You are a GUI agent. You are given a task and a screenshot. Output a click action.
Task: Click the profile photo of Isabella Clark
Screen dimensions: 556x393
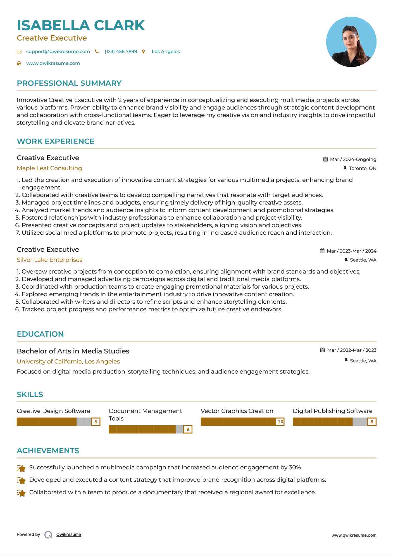tap(351, 42)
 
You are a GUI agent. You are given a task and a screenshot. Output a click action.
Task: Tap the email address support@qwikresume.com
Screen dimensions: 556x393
tap(58, 51)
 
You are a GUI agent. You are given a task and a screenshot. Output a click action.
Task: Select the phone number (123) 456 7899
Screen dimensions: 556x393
tap(121, 51)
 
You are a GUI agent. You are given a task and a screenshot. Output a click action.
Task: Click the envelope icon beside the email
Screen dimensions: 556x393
tap(19, 51)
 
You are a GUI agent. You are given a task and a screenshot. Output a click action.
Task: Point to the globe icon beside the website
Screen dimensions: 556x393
tap(19, 63)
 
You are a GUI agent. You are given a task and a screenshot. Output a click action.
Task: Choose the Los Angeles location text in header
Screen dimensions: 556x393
tap(166, 51)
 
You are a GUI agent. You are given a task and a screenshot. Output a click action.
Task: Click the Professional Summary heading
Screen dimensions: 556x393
tap(69, 83)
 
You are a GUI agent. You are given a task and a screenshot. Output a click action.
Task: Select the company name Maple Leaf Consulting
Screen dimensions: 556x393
tap(49, 168)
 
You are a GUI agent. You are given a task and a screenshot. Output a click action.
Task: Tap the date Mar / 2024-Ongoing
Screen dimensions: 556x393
tap(353, 159)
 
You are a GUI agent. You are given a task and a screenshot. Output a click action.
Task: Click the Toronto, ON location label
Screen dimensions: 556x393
tap(362, 168)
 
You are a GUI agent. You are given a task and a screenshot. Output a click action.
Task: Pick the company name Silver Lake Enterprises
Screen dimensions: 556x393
tap(49, 260)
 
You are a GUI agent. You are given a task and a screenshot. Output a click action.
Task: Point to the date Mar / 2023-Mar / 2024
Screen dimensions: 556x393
tap(351, 251)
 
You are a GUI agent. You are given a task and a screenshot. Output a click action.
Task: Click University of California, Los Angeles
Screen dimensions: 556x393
tap(68, 362)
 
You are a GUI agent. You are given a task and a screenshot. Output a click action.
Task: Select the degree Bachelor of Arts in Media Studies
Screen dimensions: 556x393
tap(73, 351)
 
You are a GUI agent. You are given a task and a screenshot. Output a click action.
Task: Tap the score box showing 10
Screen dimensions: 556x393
tap(280, 422)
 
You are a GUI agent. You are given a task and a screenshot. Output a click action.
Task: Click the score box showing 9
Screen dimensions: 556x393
tap(188, 429)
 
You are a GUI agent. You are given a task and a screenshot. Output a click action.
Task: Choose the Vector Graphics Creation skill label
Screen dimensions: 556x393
tap(237, 411)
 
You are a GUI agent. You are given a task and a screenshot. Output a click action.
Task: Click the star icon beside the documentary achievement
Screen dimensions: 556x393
tap(21, 493)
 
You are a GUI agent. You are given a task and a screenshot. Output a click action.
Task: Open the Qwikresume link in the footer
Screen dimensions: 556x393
tap(69, 534)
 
